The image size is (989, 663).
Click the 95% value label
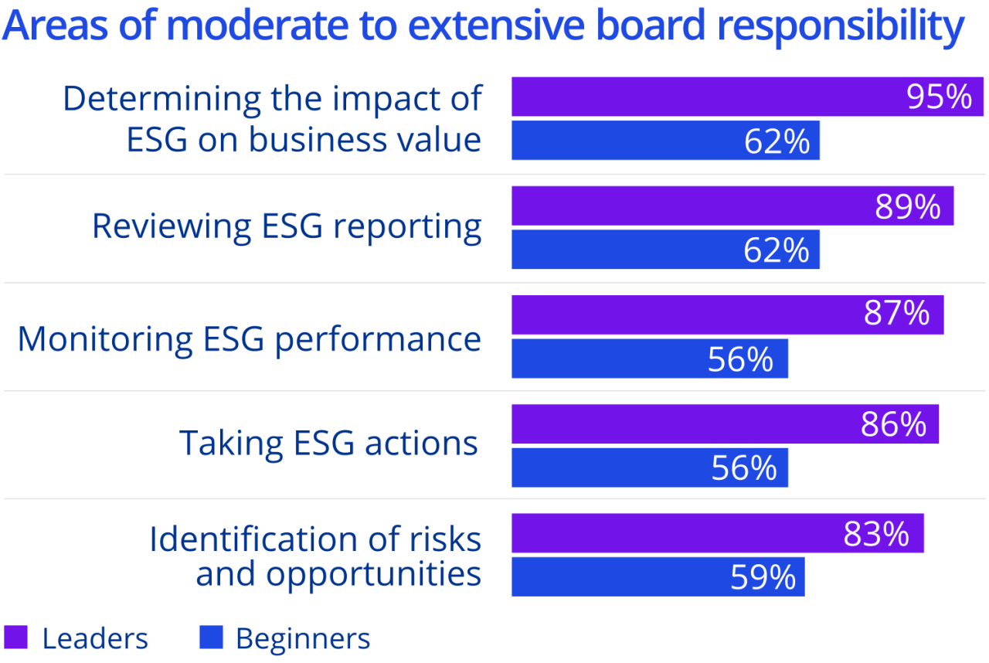coord(939,97)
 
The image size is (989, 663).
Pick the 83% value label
coord(875,534)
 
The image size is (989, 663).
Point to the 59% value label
coord(763,577)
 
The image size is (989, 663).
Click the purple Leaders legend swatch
coord(15,638)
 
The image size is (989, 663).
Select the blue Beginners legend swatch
coord(210,638)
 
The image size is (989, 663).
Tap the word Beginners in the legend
coord(303,639)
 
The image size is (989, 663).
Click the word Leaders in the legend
coord(95,639)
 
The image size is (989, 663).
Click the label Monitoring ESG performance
coord(250,339)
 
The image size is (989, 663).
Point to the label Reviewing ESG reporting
coord(287,226)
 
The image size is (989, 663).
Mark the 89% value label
coord(908,206)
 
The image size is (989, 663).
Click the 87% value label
coord(896,314)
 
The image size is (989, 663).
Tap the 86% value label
coord(893,424)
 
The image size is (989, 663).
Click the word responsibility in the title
coord(840,26)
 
